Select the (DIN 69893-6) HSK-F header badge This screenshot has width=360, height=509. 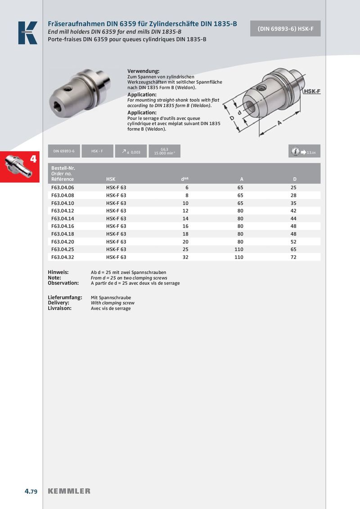pos(285,28)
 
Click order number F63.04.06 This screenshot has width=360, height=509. pos(63,187)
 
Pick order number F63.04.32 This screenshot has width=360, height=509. pos(63,257)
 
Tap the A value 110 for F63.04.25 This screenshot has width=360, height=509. pos(238,249)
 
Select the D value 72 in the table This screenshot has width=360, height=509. pos(293,257)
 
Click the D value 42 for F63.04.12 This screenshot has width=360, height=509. pos(293,210)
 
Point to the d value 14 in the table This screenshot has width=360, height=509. pos(185,218)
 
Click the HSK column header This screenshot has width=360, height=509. pos(111,179)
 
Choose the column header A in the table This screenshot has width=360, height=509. pos(242,179)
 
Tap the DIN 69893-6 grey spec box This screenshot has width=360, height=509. pos(64,151)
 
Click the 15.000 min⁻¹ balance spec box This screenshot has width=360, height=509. pos(164,151)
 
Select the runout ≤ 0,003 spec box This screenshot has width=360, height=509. pos(131,152)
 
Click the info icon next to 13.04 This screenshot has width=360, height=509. pos(295,152)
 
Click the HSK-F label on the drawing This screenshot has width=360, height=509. pos(311,92)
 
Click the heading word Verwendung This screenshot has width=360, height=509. pos(144,71)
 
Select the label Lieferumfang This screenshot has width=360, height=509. pos(65,298)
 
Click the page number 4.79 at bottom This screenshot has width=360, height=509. pos(31,491)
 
